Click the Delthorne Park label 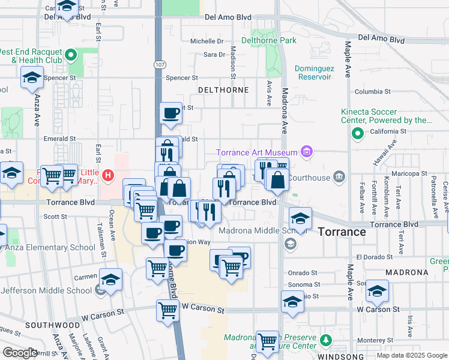pyautogui.click(x=269, y=41)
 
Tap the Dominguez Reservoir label pyautogui.click(x=314, y=73)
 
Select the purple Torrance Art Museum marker pyautogui.click(x=307, y=152)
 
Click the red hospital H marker pyautogui.click(x=108, y=176)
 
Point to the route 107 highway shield pyautogui.click(x=159, y=64)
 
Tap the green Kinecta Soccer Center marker pyautogui.click(x=358, y=133)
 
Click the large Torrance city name pyautogui.click(x=342, y=232)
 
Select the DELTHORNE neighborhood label pyautogui.click(x=223, y=90)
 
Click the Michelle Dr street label pyautogui.click(x=206, y=41)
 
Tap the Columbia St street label pyautogui.click(x=372, y=92)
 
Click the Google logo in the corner pyautogui.click(x=20, y=353)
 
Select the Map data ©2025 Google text pyautogui.click(x=412, y=355)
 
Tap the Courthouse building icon pyautogui.click(x=339, y=176)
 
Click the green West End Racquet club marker pyautogui.click(x=71, y=56)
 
